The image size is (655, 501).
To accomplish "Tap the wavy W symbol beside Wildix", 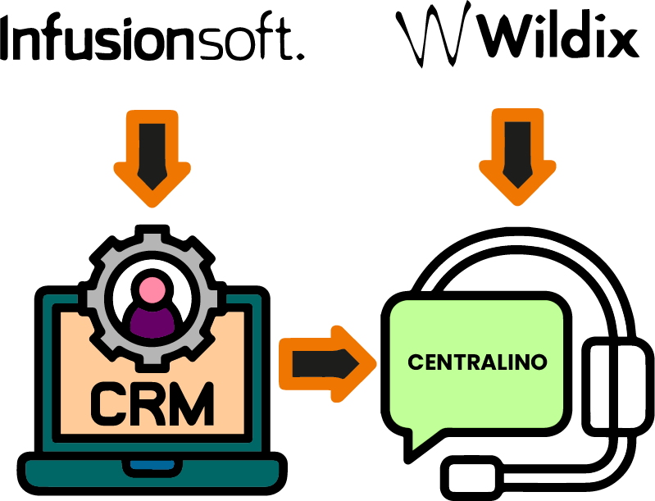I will (433, 37).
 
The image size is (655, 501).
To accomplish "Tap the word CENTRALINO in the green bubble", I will (477, 362).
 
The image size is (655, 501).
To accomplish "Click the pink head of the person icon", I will (152, 289).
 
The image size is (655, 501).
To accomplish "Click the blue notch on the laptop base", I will (152, 468).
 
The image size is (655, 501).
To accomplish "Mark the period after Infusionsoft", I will (299, 55).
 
